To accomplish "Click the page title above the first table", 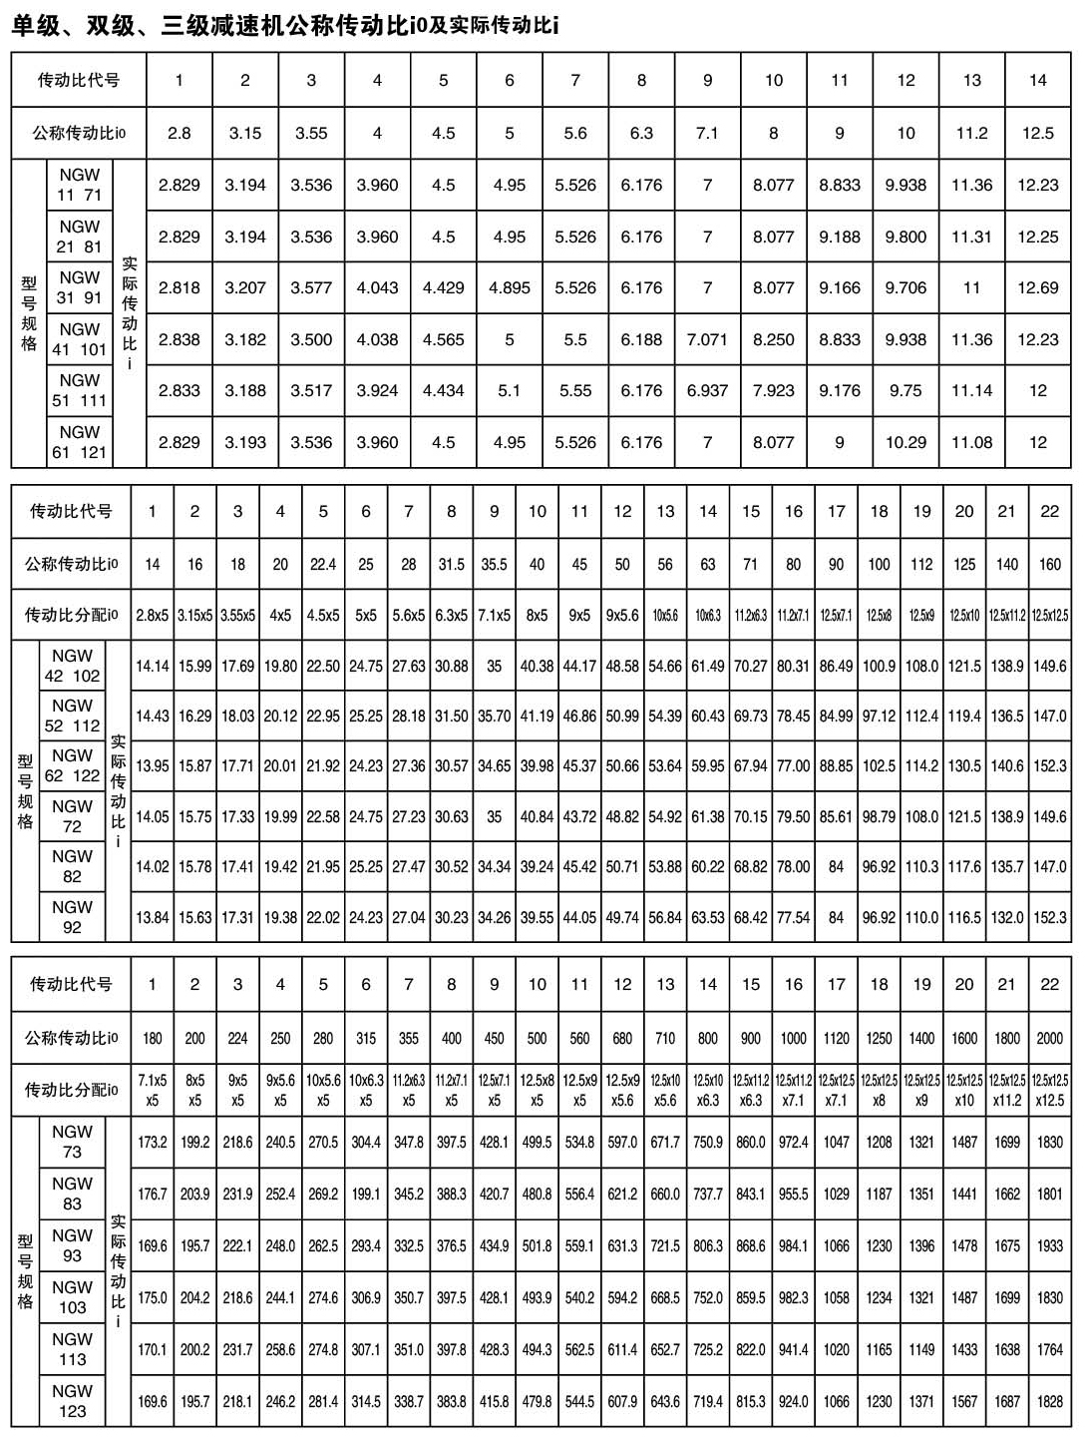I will [284, 25].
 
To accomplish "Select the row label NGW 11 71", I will [79, 185].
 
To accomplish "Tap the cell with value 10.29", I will [906, 442].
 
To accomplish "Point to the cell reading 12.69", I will [1037, 287].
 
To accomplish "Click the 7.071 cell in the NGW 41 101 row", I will [707, 339].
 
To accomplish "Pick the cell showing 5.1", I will [509, 390].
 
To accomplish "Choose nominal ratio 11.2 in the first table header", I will [971, 133].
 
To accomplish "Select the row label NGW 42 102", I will [72, 666].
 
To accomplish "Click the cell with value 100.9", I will [879, 666].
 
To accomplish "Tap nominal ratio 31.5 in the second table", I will [451, 564].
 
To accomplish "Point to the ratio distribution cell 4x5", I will [280, 616].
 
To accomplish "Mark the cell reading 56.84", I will [665, 917].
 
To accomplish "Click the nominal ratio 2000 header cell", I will [1049, 1038].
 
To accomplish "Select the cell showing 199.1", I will [366, 1194].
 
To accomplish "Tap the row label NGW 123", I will [72, 1401].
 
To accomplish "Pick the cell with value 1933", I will [1049, 1245].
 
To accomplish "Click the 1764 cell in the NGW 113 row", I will [1049, 1349].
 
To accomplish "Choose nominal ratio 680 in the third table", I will [622, 1038].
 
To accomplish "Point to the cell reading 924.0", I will [793, 1401].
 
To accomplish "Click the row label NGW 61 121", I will [79, 442].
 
